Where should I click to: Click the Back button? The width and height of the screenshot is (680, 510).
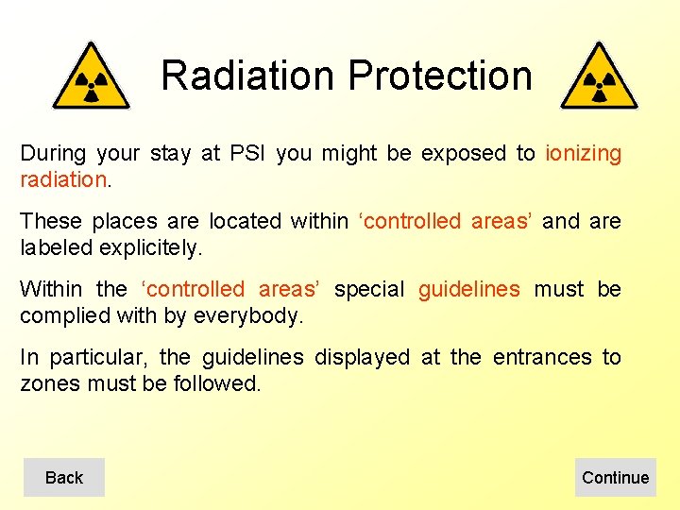(x=63, y=478)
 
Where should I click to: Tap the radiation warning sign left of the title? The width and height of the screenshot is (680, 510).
(x=91, y=77)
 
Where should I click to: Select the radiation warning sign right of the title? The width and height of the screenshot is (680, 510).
(x=599, y=77)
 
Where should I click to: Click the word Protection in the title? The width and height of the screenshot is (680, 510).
(x=440, y=76)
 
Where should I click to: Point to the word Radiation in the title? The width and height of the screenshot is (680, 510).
(x=247, y=76)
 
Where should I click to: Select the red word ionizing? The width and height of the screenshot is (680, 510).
(x=583, y=153)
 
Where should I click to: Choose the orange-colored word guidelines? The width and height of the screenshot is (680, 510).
(x=468, y=289)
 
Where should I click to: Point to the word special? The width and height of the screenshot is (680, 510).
(x=369, y=289)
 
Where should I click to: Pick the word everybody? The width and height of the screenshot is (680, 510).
(x=248, y=315)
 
